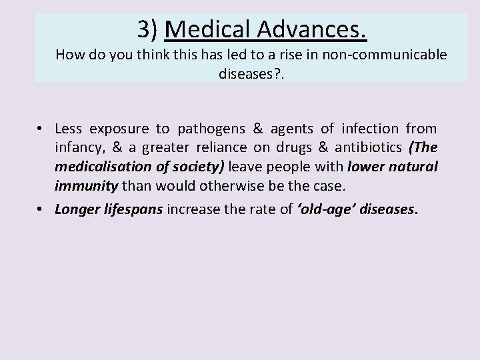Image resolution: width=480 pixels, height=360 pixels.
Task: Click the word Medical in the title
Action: (x=205, y=29)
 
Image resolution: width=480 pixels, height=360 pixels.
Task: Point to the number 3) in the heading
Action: (x=148, y=29)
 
